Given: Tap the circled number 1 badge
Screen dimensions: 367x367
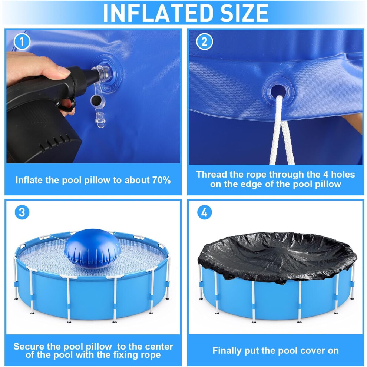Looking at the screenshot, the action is click(x=22, y=42).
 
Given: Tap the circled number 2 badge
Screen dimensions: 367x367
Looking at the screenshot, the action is click(x=204, y=42).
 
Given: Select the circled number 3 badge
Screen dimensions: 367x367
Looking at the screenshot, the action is click(x=22, y=212).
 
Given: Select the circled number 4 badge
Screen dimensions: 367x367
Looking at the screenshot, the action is click(x=204, y=212).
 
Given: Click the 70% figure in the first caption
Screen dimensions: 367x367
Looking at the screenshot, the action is click(x=162, y=180).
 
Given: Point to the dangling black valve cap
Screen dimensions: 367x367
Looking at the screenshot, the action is click(x=96, y=100).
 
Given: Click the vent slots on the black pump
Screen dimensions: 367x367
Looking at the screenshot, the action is click(x=55, y=142).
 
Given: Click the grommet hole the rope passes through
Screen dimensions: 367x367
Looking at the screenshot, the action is click(x=278, y=90).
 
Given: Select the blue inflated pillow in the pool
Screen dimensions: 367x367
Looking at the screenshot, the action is click(x=92, y=249).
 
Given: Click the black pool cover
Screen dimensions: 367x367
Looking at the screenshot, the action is click(x=277, y=256).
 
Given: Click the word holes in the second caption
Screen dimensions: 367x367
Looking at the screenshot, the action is click(x=343, y=174).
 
